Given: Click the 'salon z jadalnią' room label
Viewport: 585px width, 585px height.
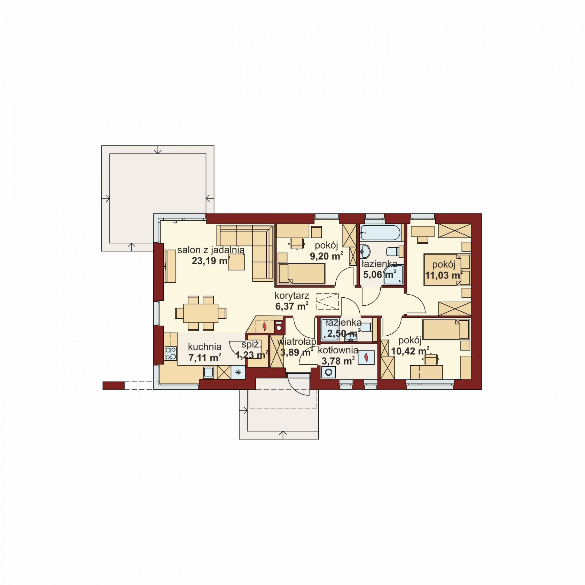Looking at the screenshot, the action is pyautogui.click(x=211, y=250).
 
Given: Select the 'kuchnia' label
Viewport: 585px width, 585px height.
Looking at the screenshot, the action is pyautogui.click(x=205, y=347).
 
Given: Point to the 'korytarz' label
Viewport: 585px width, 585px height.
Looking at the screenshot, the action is pyautogui.click(x=292, y=296).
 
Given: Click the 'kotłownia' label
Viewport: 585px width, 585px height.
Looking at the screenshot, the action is pyautogui.click(x=338, y=350).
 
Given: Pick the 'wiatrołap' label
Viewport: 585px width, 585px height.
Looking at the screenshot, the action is pyautogui.click(x=297, y=342).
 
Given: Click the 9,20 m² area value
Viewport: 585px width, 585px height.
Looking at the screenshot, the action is pyautogui.click(x=326, y=256).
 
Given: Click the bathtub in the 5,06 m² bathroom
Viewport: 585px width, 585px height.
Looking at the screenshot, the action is pyautogui.click(x=381, y=232).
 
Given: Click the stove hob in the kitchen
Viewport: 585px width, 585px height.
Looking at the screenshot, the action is pyautogui.click(x=171, y=353).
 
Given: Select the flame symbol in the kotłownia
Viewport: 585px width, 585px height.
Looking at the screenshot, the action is pyautogui.click(x=366, y=358).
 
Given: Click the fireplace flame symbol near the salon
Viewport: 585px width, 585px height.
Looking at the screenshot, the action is pyautogui.click(x=265, y=327).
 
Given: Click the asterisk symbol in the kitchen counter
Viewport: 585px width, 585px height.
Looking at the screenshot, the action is pyautogui.click(x=238, y=372).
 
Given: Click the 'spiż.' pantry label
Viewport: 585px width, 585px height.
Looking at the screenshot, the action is pyautogui.click(x=251, y=345).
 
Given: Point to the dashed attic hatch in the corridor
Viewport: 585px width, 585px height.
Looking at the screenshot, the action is pyautogui.click(x=328, y=302).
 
